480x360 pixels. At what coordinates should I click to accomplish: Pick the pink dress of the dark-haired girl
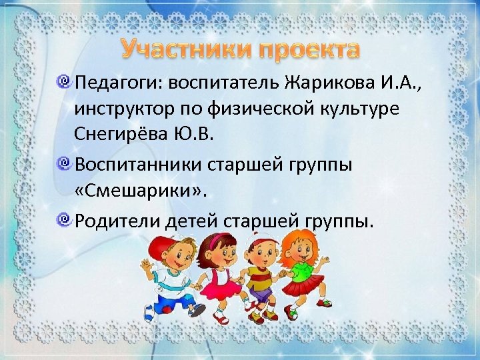(217, 280)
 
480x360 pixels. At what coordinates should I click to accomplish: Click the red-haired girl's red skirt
(303, 290)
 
